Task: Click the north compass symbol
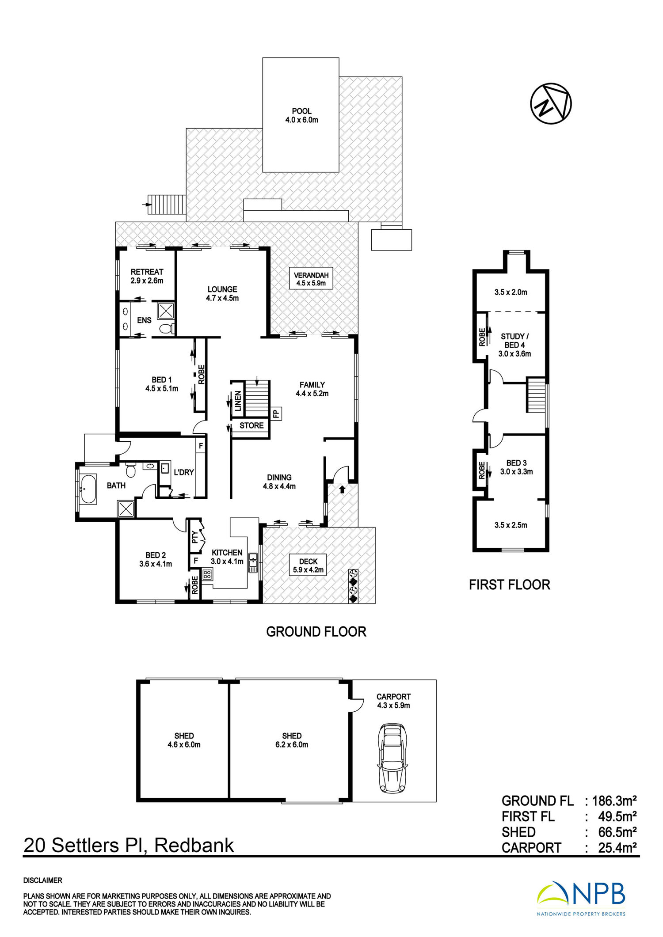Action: click(x=551, y=103)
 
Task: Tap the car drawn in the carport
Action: click(x=392, y=758)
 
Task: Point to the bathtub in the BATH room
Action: click(x=88, y=489)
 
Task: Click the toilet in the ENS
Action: click(x=167, y=328)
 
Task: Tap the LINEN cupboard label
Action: click(x=238, y=401)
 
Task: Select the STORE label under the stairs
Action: click(x=251, y=425)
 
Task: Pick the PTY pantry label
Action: click(x=194, y=537)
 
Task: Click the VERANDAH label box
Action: click(x=311, y=279)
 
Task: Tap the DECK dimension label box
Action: click(x=308, y=565)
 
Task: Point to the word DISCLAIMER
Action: click(x=43, y=880)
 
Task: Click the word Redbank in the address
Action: click(x=194, y=845)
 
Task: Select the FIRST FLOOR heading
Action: click(x=510, y=584)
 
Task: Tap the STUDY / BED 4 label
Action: click(x=514, y=341)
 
